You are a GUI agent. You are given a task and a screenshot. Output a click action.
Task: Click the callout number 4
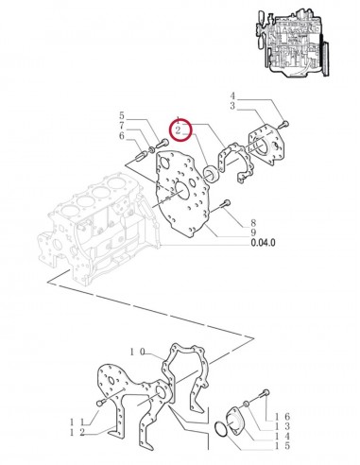click(x=232, y=95)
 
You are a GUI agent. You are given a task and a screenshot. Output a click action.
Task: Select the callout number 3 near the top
click(x=232, y=106)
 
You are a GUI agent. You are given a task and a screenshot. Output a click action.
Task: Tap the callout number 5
click(x=122, y=115)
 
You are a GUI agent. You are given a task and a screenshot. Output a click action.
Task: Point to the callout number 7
click(x=122, y=126)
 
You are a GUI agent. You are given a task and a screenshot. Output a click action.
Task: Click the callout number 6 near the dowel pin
click(x=122, y=137)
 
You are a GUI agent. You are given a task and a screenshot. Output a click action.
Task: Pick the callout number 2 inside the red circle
click(x=178, y=130)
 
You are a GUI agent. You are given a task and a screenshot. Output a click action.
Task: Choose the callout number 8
click(x=253, y=223)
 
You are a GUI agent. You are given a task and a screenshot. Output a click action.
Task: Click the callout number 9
click(x=253, y=232)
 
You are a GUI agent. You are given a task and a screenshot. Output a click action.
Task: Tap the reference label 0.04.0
click(x=263, y=243)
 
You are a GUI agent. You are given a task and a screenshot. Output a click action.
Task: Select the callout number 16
click(x=283, y=417)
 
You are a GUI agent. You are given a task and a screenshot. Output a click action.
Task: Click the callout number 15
click(x=283, y=446)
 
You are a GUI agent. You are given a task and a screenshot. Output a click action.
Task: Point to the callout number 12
click(x=77, y=433)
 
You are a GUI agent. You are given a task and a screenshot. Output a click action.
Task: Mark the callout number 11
click(x=77, y=422)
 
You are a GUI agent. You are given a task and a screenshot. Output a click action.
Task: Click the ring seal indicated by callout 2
click(x=211, y=174)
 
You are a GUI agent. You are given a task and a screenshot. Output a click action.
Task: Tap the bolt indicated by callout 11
click(x=100, y=403)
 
